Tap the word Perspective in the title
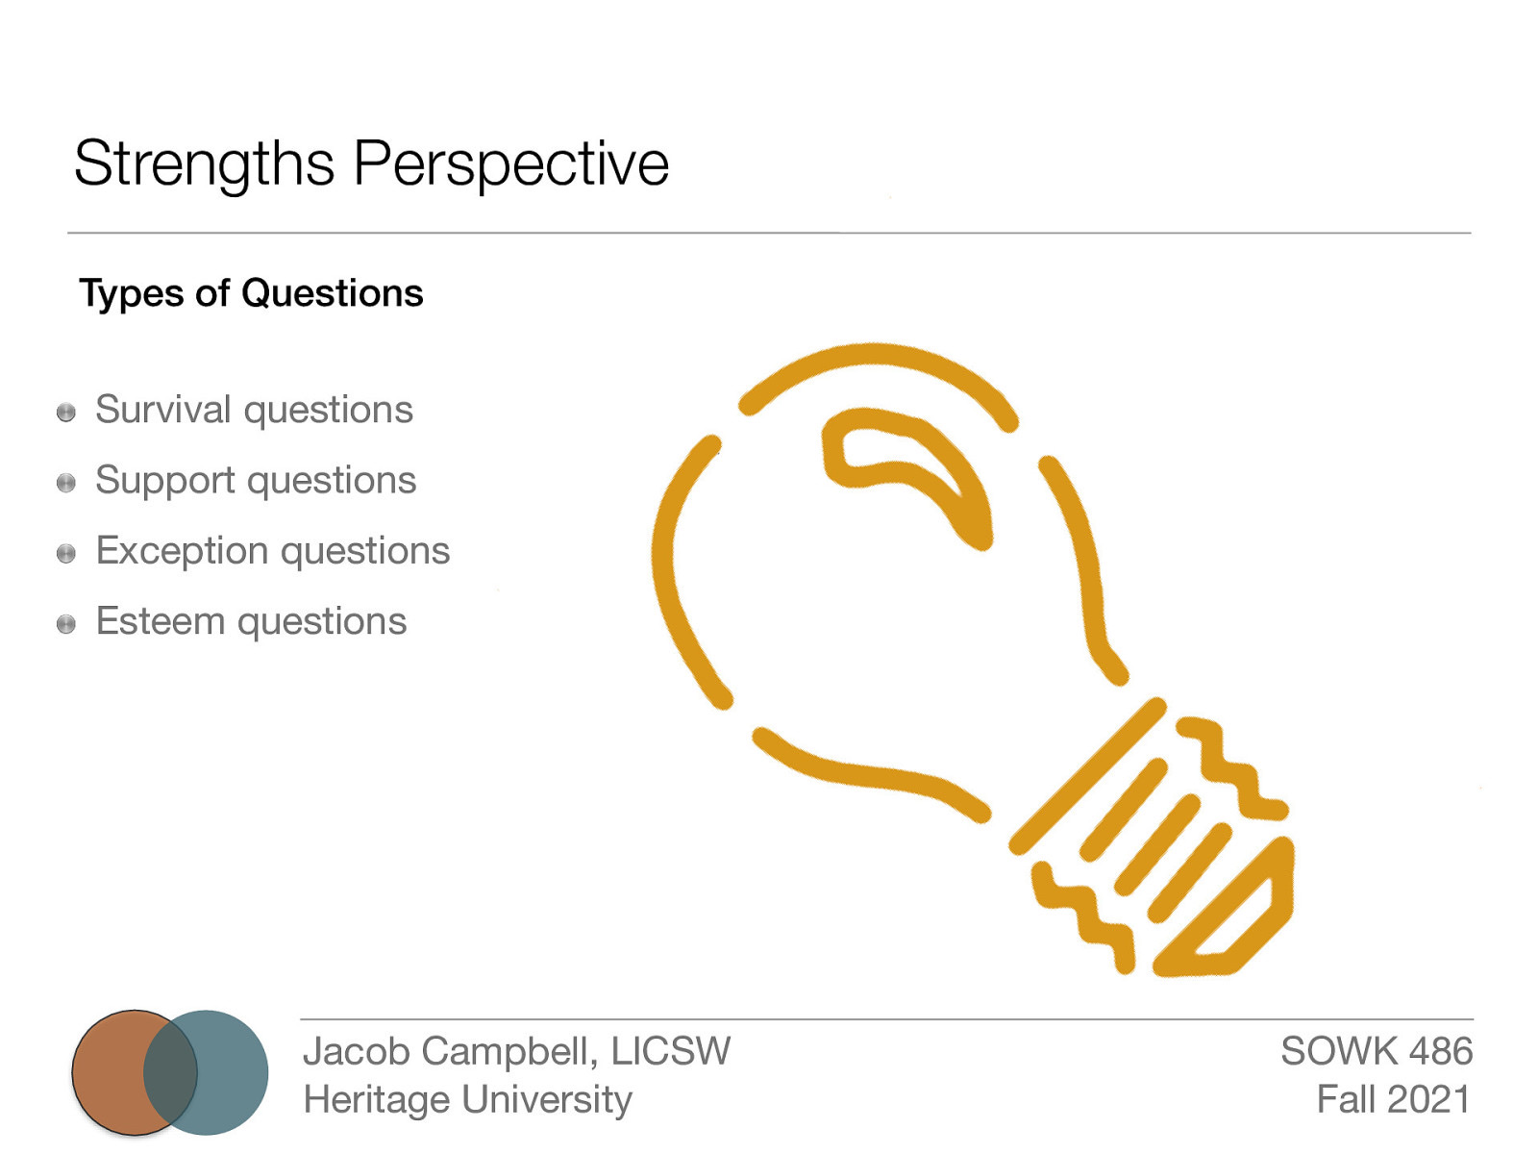[x=510, y=164]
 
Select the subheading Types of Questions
[x=251, y=293]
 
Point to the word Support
[x=165, y=481]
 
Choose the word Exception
[x=183, y=551]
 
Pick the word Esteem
[x=161, y=621]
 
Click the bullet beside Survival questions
[x=66, y=413]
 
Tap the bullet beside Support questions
[x=66, y=483]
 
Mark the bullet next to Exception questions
[x=66, y=554]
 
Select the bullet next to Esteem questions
[x=66, y=624]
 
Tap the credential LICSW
[x=670, y=1051]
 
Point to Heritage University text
[x=467, y=1099]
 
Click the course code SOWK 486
[x=1376, y=1051]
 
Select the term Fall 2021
[x=1393, y=1099]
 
